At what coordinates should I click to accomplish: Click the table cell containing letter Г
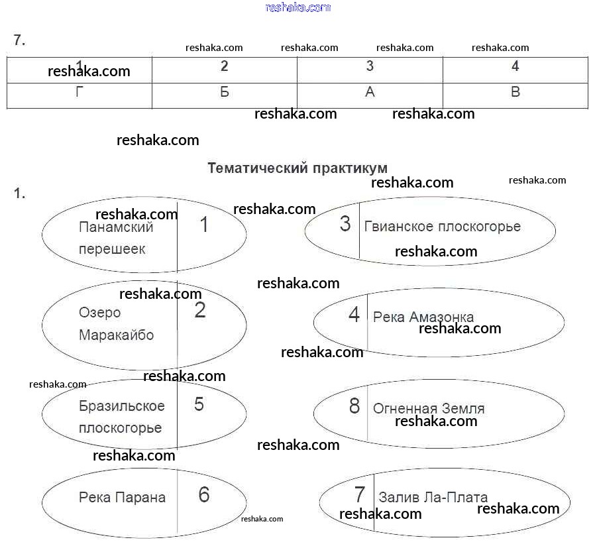coord(80,93)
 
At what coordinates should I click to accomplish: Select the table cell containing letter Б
coord(225,93)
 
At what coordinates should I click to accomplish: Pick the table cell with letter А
coord(370,93)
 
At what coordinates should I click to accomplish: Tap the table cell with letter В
coord(515,93)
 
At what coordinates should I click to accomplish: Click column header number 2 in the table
coord(225,66)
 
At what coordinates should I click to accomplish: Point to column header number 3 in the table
coord(370,66)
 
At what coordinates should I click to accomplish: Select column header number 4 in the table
coord(515,66)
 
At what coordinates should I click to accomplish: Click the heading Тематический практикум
coord(297,168)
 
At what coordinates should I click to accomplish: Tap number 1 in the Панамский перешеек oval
coord(204,225)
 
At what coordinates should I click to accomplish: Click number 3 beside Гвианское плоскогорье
coord(345,224)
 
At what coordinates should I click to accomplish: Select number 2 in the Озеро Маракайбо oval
coord(200,310)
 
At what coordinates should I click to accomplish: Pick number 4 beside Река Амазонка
coord(354,315)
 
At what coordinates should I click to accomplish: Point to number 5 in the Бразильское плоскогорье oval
coord(199,404)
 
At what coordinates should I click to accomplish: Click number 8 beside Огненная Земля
coord(354,406)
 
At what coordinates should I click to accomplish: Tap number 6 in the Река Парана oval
coord(203,495)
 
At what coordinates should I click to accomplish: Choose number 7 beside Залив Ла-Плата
coord(360,494)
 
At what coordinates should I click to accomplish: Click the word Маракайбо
coord(116,335)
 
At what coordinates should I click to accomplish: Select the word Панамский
coord(116,227)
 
